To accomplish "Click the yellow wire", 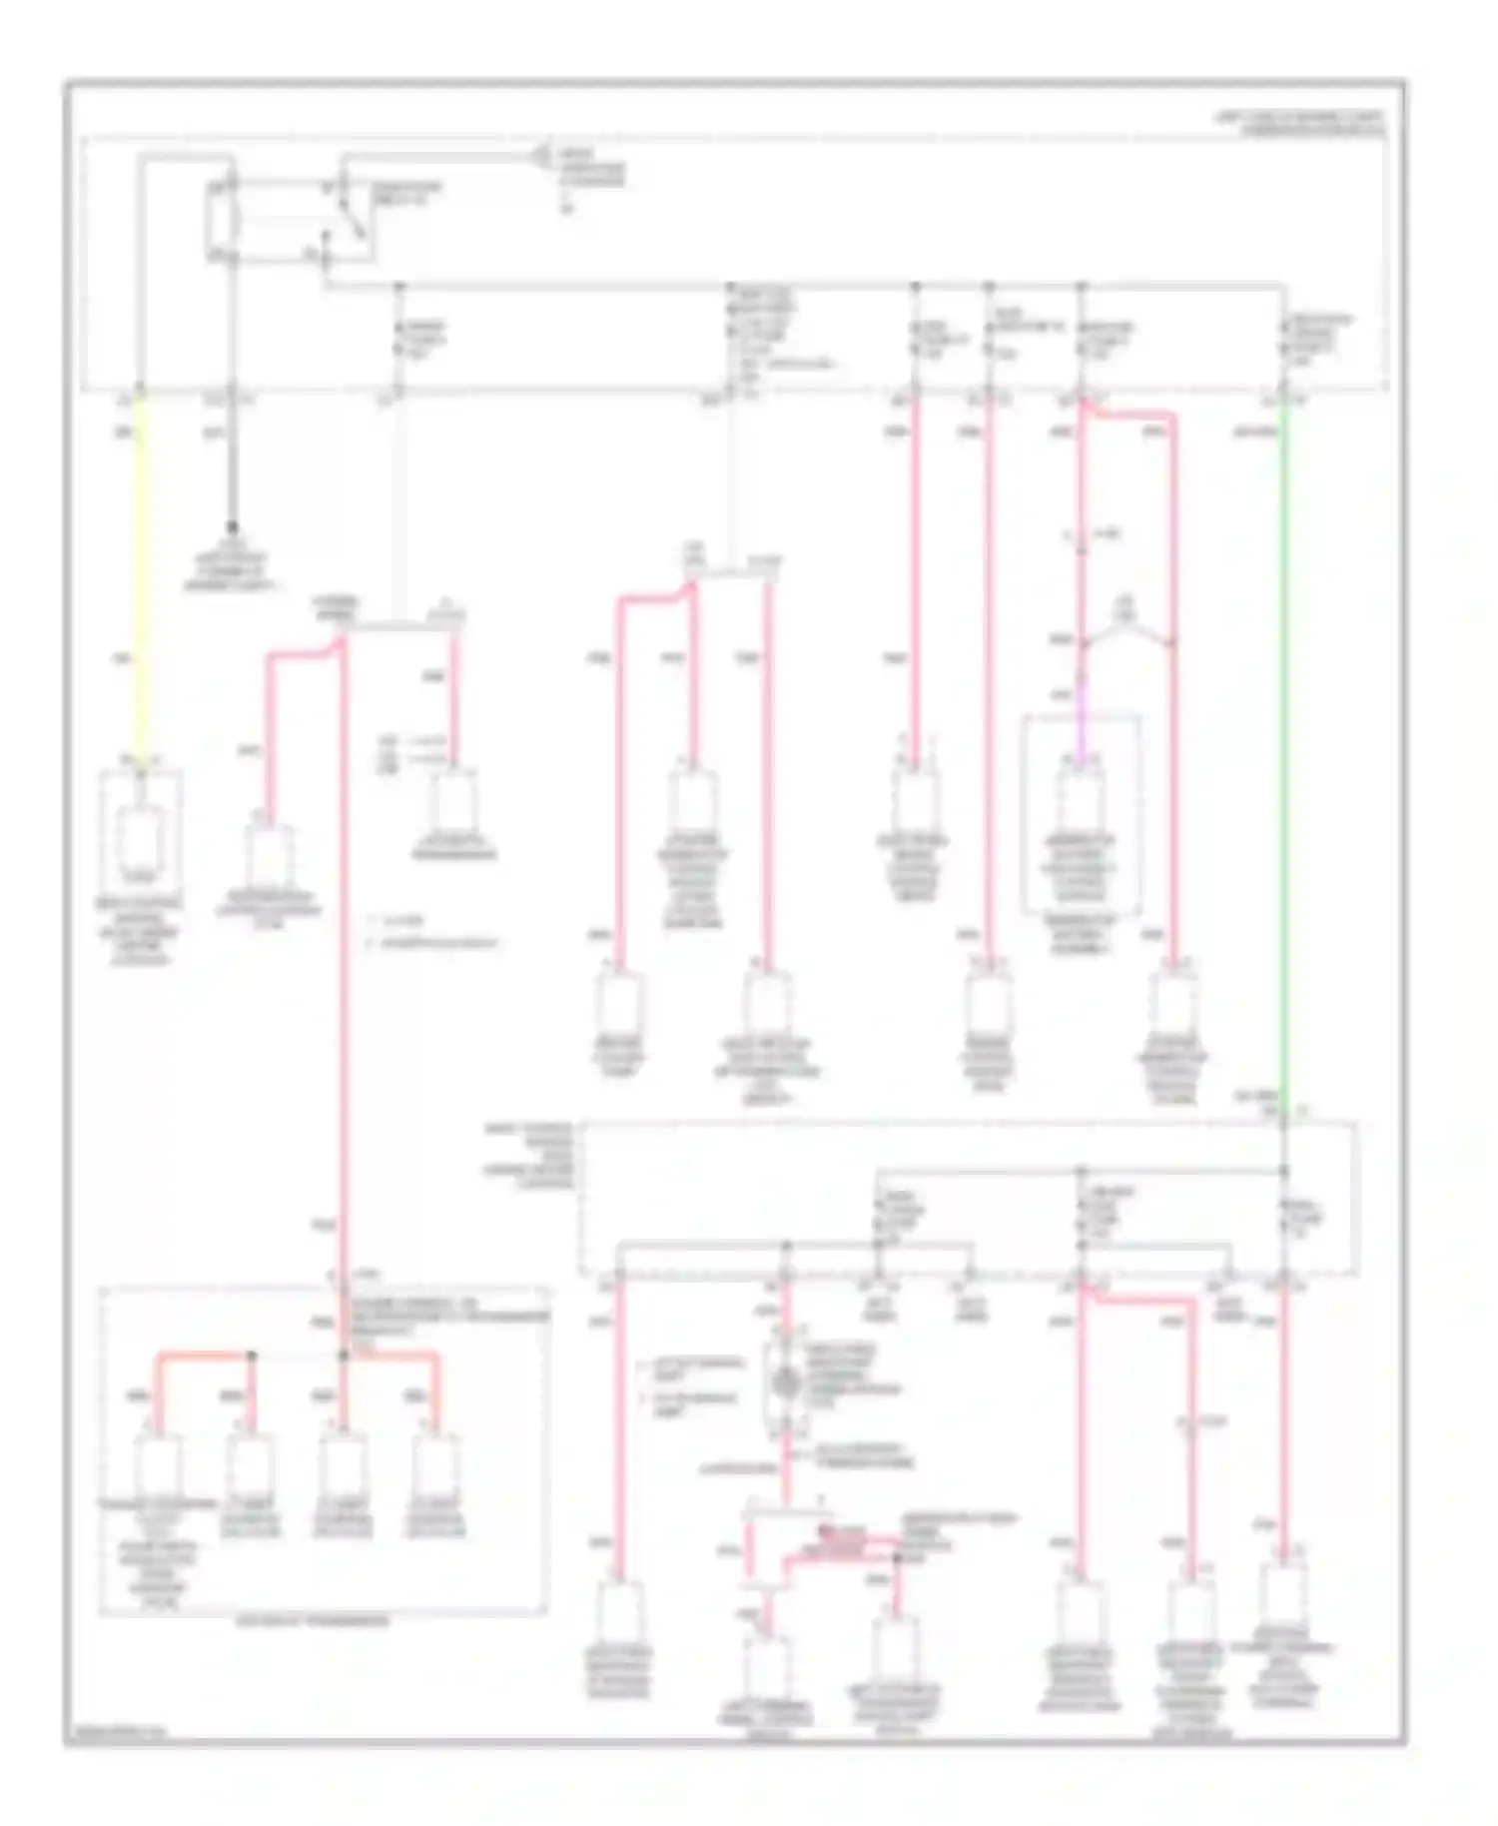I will click(x=140, y=579).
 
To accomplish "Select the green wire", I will click(x=1283, y=749).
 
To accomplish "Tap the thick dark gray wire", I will click(x=232, y=459).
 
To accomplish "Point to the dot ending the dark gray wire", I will click(x=232, y=525).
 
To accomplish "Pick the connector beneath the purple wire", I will click(x=1080, y=799).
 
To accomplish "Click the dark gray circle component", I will click(x=786, y=1382).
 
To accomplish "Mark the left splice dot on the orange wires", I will click(x=252, y=1356).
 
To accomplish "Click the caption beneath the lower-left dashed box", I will click(x=313, y=1622).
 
